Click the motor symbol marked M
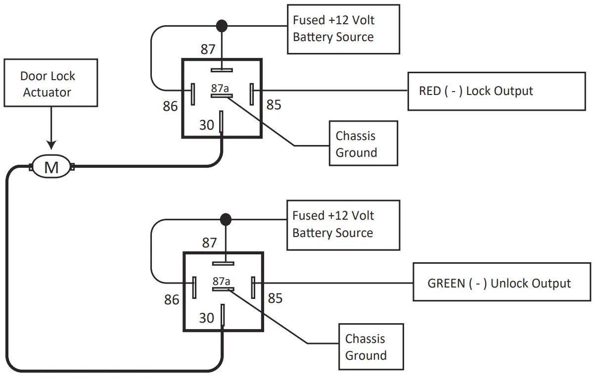pyautogui.click(x=51, y=167)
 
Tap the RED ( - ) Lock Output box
pyautogui.click(x=496, y=91)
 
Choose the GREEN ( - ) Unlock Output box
pyautogui.click(x=502, y=283)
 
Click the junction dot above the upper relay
pyautogui.click(x=222, y=24)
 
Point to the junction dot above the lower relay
pyautogui.click(x=226, y=218)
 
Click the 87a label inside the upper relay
pyautogui.click(x=220, y=88)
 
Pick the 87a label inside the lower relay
pyautogui.click(x=221, y=281)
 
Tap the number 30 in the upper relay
pyautogui.click(x=207, y=125)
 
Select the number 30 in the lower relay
pyautogui.click(x=207, y=318)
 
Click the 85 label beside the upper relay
pyautogui.click(x=274, y=104)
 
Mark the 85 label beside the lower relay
pyautogui.click(x=275, y=298)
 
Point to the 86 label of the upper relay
pyautogui.click(x=170, y=106)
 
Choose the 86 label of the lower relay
pyautogui.click(x=172, y=299)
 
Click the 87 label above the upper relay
pyautogui.click(x=208, y=49)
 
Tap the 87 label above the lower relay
pyautogui.click(x=209, y=242)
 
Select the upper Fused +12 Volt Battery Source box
pyautogui.click(x=343, y=29)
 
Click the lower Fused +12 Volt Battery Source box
pyautogui.click(x=343, y=225)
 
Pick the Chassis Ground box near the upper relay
pyautogui.click(x=364, y=144)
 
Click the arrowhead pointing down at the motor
pyautogui.click(x=51, y=144)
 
